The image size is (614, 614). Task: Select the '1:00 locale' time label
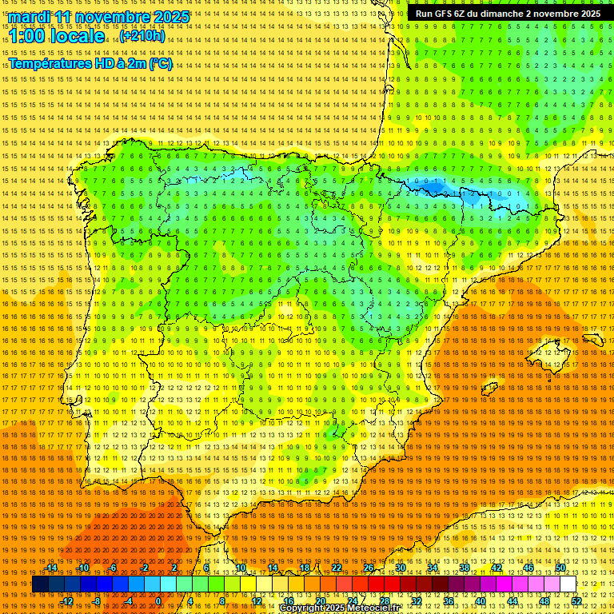[57, 36]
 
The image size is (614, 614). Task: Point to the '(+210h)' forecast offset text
[142, 36]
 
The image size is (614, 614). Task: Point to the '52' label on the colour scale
[576, 601]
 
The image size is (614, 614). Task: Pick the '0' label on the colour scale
[158, 601]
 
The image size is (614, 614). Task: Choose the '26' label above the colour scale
[368, 568]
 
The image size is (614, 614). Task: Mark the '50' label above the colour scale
[560, 568]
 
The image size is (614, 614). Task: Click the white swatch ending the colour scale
[568, 584]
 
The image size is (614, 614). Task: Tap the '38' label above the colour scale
[464, 568]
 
